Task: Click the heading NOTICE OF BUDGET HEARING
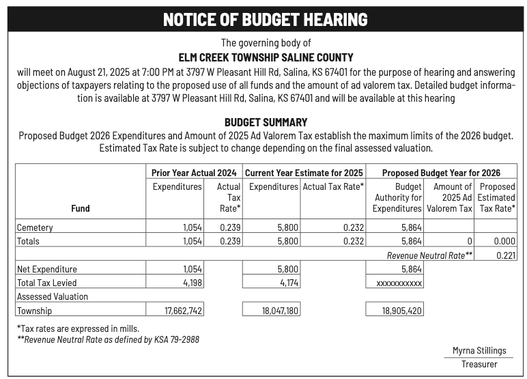[x=265, y=19]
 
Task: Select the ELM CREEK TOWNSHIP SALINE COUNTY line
[x=266, y=58]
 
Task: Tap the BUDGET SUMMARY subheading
[x=266, y=122]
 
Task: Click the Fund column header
[x=80, y=208]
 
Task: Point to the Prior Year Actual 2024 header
[x=194, y=173]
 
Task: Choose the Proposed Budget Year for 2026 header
[x=441, y=173]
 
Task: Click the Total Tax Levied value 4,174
[x=288, y=283]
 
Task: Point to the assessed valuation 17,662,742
[x=184, y=311]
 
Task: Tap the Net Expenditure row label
[x=46, y=269]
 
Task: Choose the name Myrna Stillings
[x=479, y=350]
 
